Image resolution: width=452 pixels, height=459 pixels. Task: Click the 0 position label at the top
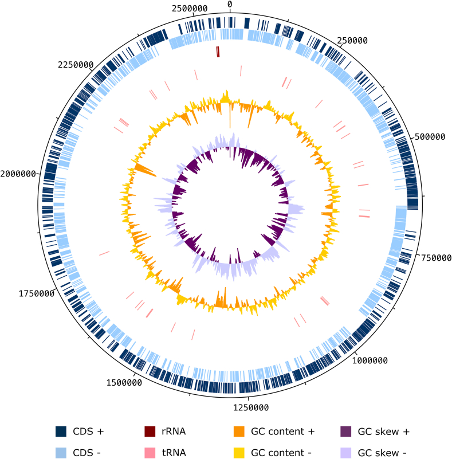tap(230, 5)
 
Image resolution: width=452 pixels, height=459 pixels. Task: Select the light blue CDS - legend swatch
tap(62, 453)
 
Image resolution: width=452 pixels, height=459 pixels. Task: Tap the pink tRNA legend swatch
tap(151, 453)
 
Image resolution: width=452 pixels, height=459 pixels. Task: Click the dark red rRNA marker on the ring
tap(218, 52)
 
